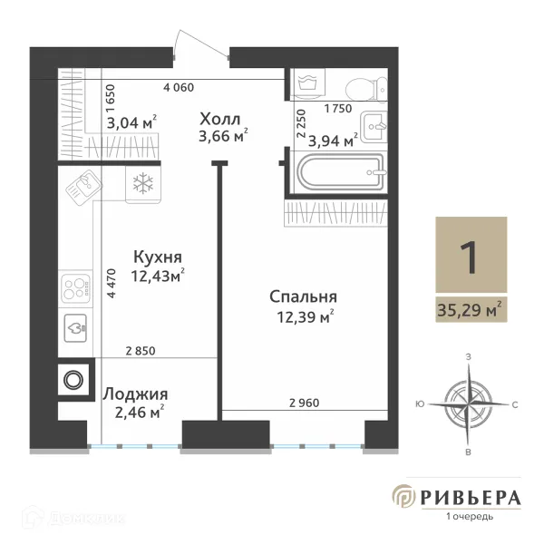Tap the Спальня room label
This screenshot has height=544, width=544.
point(303,296)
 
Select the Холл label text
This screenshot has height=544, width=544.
point(220,118)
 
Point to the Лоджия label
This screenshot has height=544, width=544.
point(135,394)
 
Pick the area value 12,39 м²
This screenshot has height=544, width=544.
point(303,316)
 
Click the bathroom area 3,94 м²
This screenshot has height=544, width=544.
point(332,140)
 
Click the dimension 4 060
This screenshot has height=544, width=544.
point(180,89)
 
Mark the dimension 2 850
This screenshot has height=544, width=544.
point(140,351)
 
